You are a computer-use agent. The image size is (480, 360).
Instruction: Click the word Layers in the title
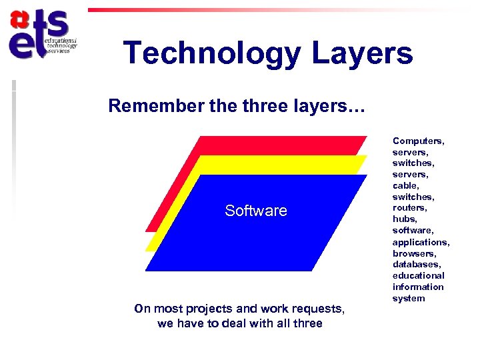[359, 53]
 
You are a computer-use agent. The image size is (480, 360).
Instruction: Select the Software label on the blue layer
[256, 211]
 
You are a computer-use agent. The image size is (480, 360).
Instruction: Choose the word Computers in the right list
[418, 141]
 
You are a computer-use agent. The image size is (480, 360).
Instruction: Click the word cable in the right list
[405, 185]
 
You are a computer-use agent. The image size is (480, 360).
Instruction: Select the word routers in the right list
[410, 208]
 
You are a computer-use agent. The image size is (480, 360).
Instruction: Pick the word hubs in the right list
[405, 219]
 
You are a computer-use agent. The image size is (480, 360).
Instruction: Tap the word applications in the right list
[421, 242]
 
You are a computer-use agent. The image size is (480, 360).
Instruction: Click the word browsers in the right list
[414, 253]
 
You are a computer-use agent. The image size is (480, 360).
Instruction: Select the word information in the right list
[418, 287]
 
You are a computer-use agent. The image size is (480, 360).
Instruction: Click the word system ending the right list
[408, 298]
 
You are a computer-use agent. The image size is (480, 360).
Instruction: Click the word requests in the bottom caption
[321, 309]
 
